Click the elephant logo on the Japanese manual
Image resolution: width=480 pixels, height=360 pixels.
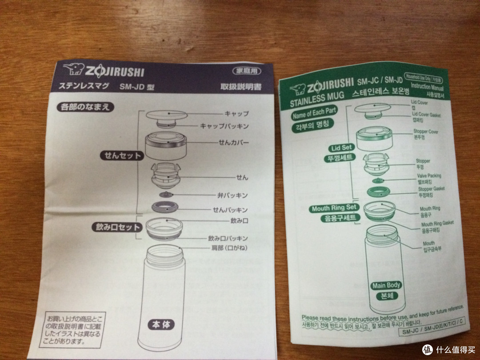click(72, 71)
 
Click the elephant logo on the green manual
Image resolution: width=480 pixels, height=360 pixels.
click(295, 86)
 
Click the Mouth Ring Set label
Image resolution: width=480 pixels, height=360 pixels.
click(334, 208)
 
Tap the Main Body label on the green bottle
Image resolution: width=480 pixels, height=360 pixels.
click(386, 285)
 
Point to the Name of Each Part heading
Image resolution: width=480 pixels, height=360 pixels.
click(314, 113)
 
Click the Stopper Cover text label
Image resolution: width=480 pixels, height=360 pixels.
click(426, 132)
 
